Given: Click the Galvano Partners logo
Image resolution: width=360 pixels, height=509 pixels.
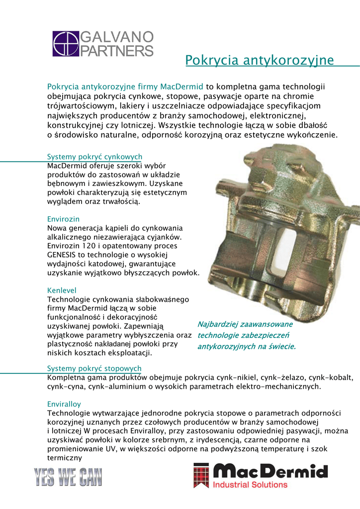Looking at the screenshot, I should [103, 44].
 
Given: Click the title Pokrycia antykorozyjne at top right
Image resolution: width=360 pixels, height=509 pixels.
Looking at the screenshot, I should [259, 61].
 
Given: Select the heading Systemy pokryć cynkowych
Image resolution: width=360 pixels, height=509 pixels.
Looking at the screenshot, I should [94, 157].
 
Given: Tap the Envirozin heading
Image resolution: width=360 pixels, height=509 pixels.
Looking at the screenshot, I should [63, 219].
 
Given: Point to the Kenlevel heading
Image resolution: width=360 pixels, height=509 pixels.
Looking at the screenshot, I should [62, 290].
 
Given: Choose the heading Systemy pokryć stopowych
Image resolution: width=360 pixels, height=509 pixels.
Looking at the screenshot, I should [94, 368].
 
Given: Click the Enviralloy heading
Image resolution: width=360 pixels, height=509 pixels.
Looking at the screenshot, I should [64, 404].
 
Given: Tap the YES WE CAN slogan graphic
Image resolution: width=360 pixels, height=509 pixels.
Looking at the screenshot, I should [68, 478].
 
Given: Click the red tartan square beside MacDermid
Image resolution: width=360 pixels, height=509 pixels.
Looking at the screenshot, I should [201, 476].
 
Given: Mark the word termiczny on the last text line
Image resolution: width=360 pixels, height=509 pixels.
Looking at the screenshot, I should [64, 458].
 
